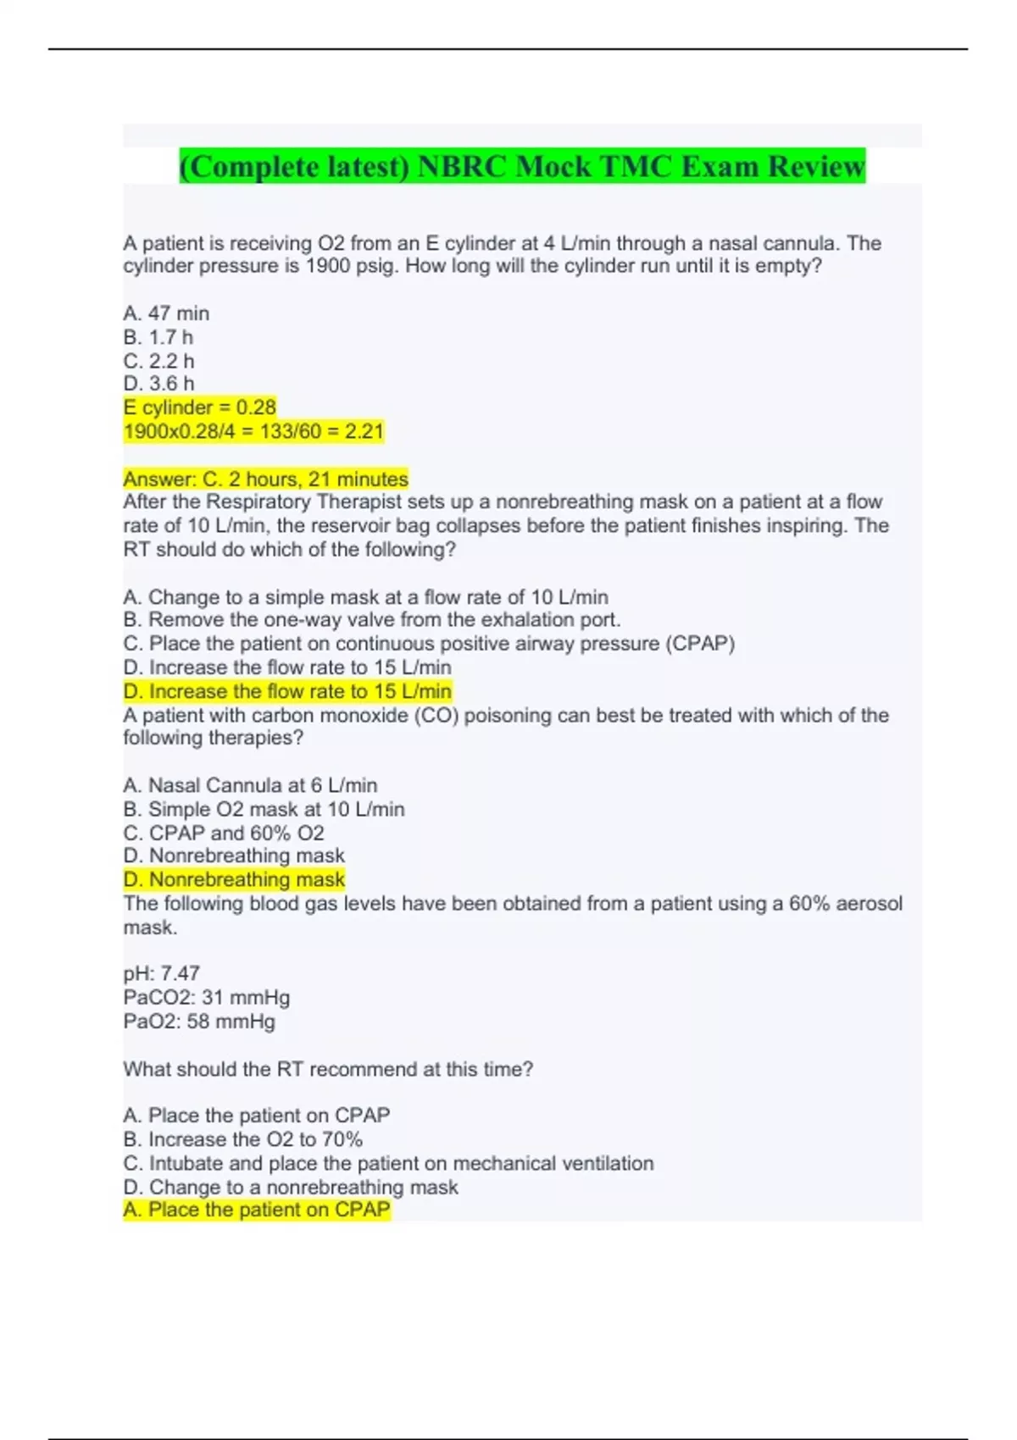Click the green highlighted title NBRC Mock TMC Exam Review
pyautogui.click(x=522, y=166)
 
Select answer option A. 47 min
pyautogui.click(x=166, y=313)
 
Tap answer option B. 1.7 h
pyautogui.click(x=158, y=337)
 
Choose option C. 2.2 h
pyautogui.click(x=158, y=361)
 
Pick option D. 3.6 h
pyautogui.click(x=158, y=384)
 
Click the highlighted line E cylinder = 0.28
pyautogui.click(x=200, y=407)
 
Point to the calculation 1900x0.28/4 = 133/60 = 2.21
pyautogui.click(x=253, y=431)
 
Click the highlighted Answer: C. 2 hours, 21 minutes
pyautogui.click(x=265, y=479)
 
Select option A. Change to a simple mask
pyautogui.click(x=365, y=597)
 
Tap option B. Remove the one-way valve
pyautogui.click(x=371, y=620)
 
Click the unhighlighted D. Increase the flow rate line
pyautogui.click(x=286, y=667)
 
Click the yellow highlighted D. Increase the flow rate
pyautogui.click(x=286, y=691)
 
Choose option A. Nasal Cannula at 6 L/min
pyautogui.click(x=250, y=785)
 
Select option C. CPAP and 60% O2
pyautogui.click(x=224, y=833)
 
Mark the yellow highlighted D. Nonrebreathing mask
pyautogui.click(x=234, y=879)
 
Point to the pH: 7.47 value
pyautogui.click(x=161, y=973)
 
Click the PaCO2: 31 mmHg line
pyautogui.click(x=206, y=997)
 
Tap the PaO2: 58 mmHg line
pyautogui.click(x=199, y=1021)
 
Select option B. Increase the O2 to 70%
pyautogui.click(x=242, y=1139)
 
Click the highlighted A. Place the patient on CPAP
pyautogui.click(x=256, y=1210)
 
